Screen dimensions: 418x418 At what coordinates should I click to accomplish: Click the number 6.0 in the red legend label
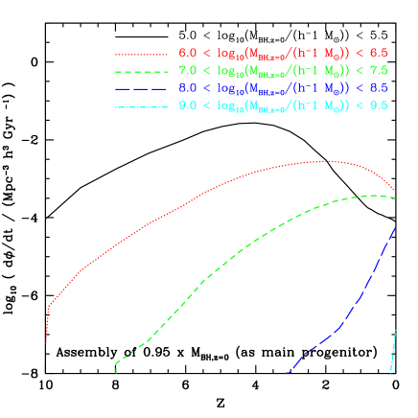pos(188,53)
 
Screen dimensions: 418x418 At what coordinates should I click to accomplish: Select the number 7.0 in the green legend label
pos(188,69)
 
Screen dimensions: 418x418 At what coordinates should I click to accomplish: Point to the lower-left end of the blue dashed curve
pos(288,373)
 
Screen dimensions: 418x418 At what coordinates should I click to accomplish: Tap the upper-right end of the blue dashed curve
pos(396,226)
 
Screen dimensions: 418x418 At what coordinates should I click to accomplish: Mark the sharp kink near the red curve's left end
pos(48,307)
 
